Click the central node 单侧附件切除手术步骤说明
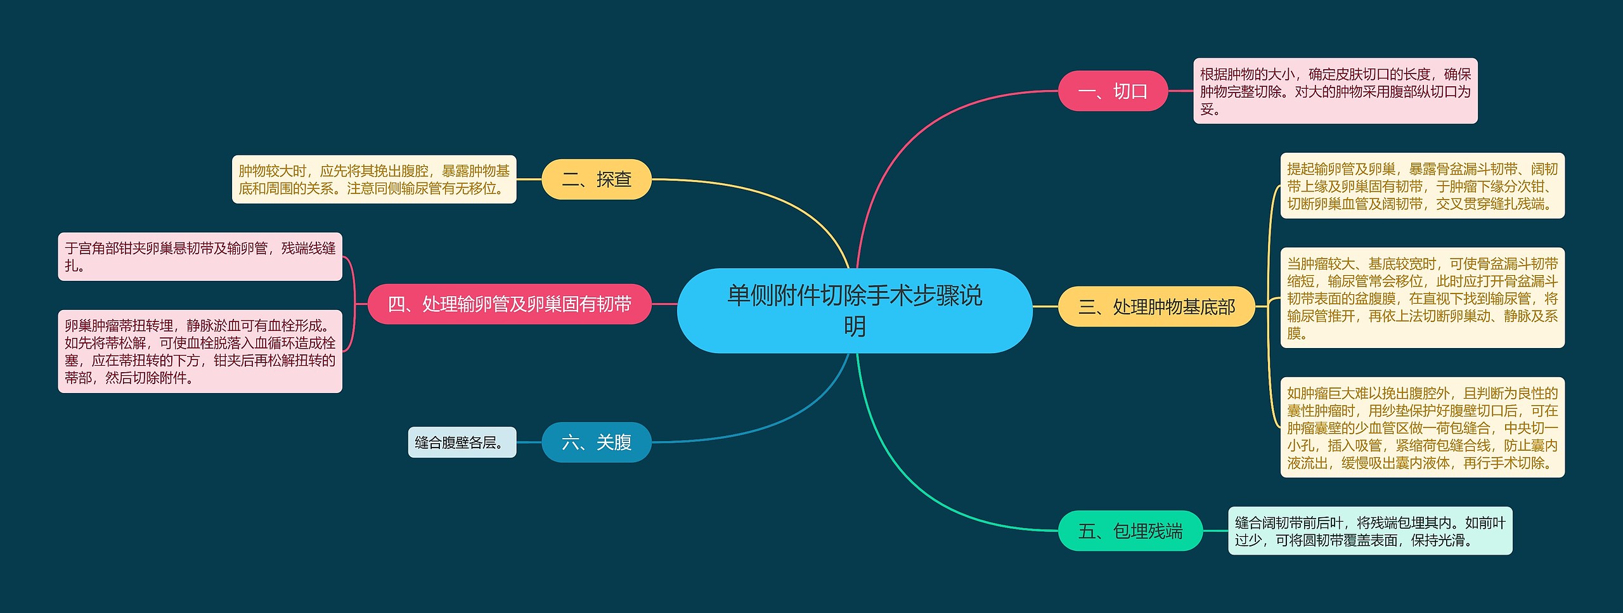[x=854, y=310]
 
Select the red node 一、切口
[x=1113, y=91]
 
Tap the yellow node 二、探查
[x=596, y=179]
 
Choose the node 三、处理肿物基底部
[x=1156, y=307]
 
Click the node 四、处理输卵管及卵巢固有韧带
[x=509, y=304]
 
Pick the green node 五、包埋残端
[x=1130, y=531]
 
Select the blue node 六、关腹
[x=596, y=442]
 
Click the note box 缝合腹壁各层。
[x=462, y=442]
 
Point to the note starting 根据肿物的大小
[x=1335, y=91]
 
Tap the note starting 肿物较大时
[x=374, y=179]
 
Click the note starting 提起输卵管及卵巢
[x=1422, y=186]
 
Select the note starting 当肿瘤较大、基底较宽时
[x=1422, y=298]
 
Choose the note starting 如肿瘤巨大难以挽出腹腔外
[x=1422, y=427]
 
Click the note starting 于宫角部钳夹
[x=200, y=257]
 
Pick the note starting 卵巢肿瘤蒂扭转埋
[x=200, y=351]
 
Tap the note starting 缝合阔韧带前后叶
[x=1369, y=531]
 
